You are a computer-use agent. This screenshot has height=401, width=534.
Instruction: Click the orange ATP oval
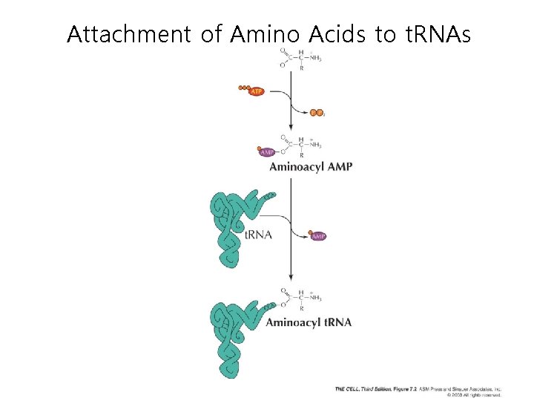pyautogui.click(x=256, y=91)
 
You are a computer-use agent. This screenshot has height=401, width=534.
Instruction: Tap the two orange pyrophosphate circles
pyautogui.click(x=317, y=113)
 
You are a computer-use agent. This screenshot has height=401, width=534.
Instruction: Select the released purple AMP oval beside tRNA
pyautogui.click(x=317, y=236)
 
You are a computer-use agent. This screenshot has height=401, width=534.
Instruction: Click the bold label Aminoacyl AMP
pyautogui.click(x=310, y=167)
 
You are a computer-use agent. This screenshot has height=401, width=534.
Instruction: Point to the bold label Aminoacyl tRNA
pyautogui.click(x=309, y=322)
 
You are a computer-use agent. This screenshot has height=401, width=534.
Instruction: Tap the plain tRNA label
pyautogui.click(x=258, y=235)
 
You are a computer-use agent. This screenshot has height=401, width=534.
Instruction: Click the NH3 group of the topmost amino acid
pyautogui.click(x=315, y=56)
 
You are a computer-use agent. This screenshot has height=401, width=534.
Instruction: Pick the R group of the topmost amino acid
pyautogui.click(x=301, y=68)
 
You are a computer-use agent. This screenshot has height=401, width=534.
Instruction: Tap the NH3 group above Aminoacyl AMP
pyautogui.click(x=315, y=144)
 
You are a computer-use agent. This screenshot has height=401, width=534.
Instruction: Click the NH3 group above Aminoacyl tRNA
pyautogui.click(x=315, y=298)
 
